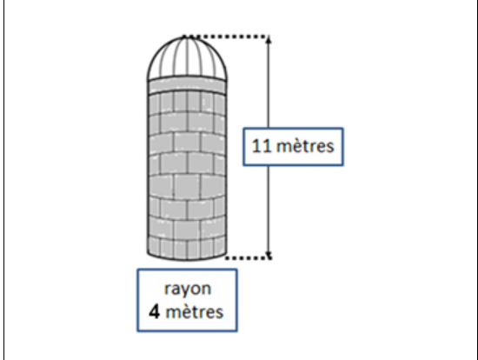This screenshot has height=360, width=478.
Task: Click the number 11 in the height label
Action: [x=262, y=146]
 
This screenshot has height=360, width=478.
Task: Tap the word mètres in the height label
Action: [x=305, y=146]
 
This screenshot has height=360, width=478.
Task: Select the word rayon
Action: [x=188, y=289]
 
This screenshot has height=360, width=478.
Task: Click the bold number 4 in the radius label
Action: [x=154, y=312]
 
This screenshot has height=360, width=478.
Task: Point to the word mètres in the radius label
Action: [x=195, y=312]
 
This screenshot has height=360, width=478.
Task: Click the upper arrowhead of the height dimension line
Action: [x=269, y=40]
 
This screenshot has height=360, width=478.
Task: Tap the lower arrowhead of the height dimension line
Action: [x=269, y=255]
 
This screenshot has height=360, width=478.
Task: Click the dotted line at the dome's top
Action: [x=226, y=37]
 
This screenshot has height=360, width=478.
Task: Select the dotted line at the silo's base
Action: [x=249, y=257]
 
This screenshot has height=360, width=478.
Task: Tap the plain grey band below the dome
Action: [x=187, y=85]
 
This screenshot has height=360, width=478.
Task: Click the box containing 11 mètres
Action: [x=293, y=147]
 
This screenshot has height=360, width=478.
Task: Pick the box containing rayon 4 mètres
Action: [x=187, y=300]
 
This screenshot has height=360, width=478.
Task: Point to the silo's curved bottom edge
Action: [x=187, y=260]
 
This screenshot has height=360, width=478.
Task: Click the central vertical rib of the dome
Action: [x=187, y=57]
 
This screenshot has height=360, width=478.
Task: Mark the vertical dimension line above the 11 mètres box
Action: [x=269, y=83]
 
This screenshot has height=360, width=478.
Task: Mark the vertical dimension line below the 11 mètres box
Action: [x=269, y=211]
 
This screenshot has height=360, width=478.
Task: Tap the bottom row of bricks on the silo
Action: [x=187, y=248]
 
